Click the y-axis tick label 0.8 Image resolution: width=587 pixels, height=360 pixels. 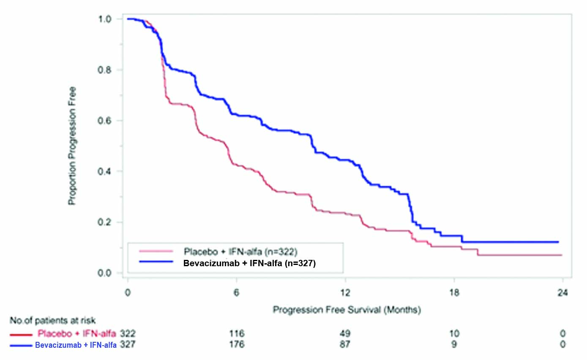pos(105,70)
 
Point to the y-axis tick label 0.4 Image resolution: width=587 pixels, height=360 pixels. pos(105,171)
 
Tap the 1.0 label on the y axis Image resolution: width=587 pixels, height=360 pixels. pos(105,19)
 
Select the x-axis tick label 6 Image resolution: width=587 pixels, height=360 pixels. pos(236,293)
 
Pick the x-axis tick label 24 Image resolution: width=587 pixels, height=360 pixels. pos(562,293)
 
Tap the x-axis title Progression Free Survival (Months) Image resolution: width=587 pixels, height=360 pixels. pos(347,310)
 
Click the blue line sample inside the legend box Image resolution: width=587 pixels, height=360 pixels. pos(156,262)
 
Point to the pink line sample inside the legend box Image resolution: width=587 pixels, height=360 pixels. pos(156,251)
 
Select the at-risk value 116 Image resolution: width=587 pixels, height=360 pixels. pos(236,334)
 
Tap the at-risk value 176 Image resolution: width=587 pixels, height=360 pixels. pos(236,345)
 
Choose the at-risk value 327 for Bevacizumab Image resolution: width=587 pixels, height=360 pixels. pos(127,345)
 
